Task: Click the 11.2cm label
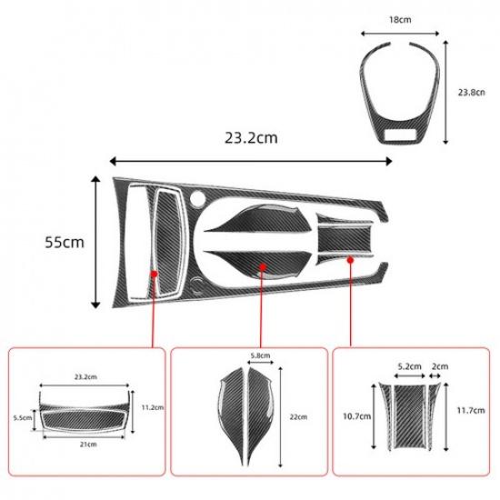[153, 407]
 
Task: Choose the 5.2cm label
[410, 366]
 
